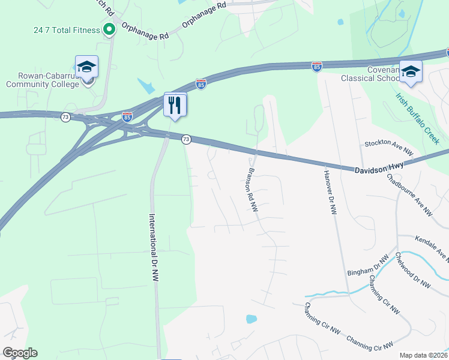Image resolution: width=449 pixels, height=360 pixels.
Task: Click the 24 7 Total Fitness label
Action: (x=67, y=30)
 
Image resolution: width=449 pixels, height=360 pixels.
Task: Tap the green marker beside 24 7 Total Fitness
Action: (x=109, y=29)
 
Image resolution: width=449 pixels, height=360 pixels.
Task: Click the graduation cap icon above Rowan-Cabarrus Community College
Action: (x=86, y=67)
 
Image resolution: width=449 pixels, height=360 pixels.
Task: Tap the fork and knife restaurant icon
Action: (x=175, y=105)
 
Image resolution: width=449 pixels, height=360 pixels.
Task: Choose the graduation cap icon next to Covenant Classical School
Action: (x=411, y=71)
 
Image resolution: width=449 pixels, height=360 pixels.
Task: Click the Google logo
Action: (x=20, y=353)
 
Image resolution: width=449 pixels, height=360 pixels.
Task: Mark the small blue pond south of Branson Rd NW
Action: (x=251, y=319)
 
